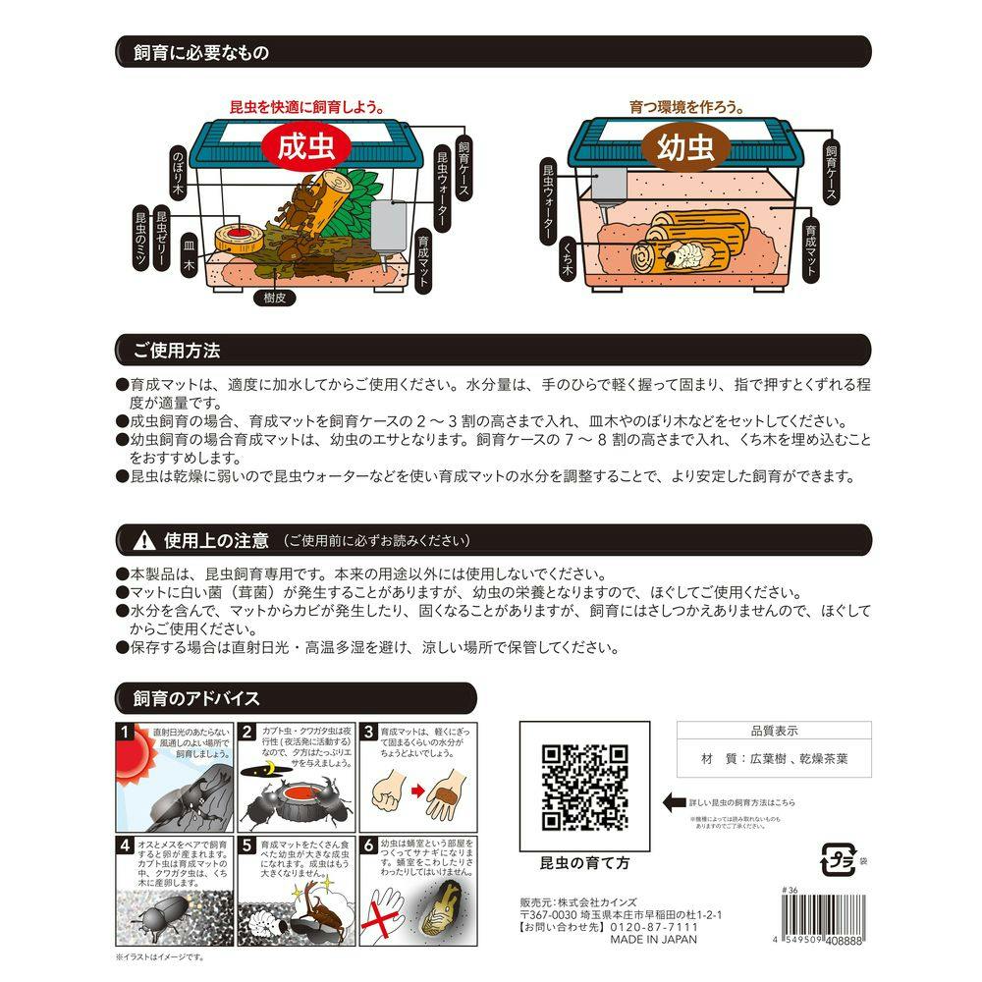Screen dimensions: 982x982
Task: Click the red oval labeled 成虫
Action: (301, 147)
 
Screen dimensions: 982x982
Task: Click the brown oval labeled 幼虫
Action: (685, 148)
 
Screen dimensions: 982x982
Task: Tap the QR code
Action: (586, 788)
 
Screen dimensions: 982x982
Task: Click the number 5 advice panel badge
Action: (248, 845)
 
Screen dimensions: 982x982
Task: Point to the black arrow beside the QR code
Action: (675, 802)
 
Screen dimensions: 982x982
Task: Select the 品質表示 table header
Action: (774, 731)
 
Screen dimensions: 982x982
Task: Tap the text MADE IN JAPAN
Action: (653, 940)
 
